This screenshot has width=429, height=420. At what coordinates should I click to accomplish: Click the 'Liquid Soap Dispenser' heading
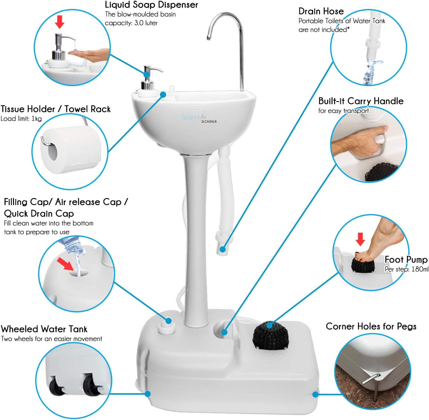(151, 5)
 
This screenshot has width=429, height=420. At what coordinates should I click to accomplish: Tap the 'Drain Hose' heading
(321, 11)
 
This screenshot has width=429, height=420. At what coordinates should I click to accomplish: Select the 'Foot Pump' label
(406, 259)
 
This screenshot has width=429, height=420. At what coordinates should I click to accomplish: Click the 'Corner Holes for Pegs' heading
(371, 326)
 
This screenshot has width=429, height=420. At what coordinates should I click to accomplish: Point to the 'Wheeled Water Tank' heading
(44, 329)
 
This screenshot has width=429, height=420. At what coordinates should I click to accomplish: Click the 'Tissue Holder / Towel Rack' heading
(56, 109)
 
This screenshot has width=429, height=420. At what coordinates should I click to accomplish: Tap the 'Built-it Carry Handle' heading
(361, 101)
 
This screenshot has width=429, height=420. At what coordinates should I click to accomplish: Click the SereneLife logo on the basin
(193, 117)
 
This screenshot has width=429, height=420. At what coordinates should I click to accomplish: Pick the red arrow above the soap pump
(60, 22)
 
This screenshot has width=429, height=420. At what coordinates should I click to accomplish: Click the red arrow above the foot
(360, 239)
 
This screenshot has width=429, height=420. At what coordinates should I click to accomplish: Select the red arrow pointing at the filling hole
(65, 264)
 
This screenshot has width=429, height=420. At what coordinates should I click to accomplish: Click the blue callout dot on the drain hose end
(223, 249)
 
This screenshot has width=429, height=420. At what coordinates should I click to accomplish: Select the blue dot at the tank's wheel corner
(147, 394)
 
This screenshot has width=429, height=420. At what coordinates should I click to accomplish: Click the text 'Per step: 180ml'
(406, 269)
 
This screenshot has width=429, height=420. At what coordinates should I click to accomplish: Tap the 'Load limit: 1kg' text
(21, 119)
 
